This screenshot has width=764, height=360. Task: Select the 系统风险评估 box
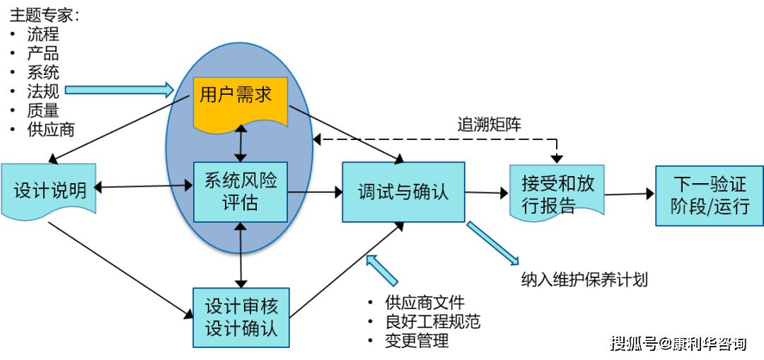[x=240, y=192]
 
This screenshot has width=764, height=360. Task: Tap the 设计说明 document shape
[x=49, y=190]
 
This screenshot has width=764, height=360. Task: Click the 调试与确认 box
[x=403, y=192]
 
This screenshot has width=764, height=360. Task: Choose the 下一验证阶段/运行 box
[x=709, y=195]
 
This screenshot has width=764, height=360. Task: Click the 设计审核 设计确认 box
[x=241, y=318]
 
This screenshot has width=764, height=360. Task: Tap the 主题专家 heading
[x=44, y=15]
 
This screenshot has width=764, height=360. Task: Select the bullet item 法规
[x=43, y=91]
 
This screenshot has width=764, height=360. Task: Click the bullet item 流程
[x=43, y=34]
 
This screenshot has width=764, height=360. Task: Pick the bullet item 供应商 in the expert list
[x=51, y=129]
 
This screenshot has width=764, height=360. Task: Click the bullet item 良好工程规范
[x=432, y=322]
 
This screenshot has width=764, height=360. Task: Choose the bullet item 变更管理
[x=417, y=341]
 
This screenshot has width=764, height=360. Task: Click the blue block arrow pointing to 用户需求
[x=119, y=89]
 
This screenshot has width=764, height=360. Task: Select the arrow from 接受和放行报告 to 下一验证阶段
[x=629, y=194]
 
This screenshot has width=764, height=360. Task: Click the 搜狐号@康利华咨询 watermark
[x=678, y=344]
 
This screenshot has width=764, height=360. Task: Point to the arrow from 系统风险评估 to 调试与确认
[x=315, y=192]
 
